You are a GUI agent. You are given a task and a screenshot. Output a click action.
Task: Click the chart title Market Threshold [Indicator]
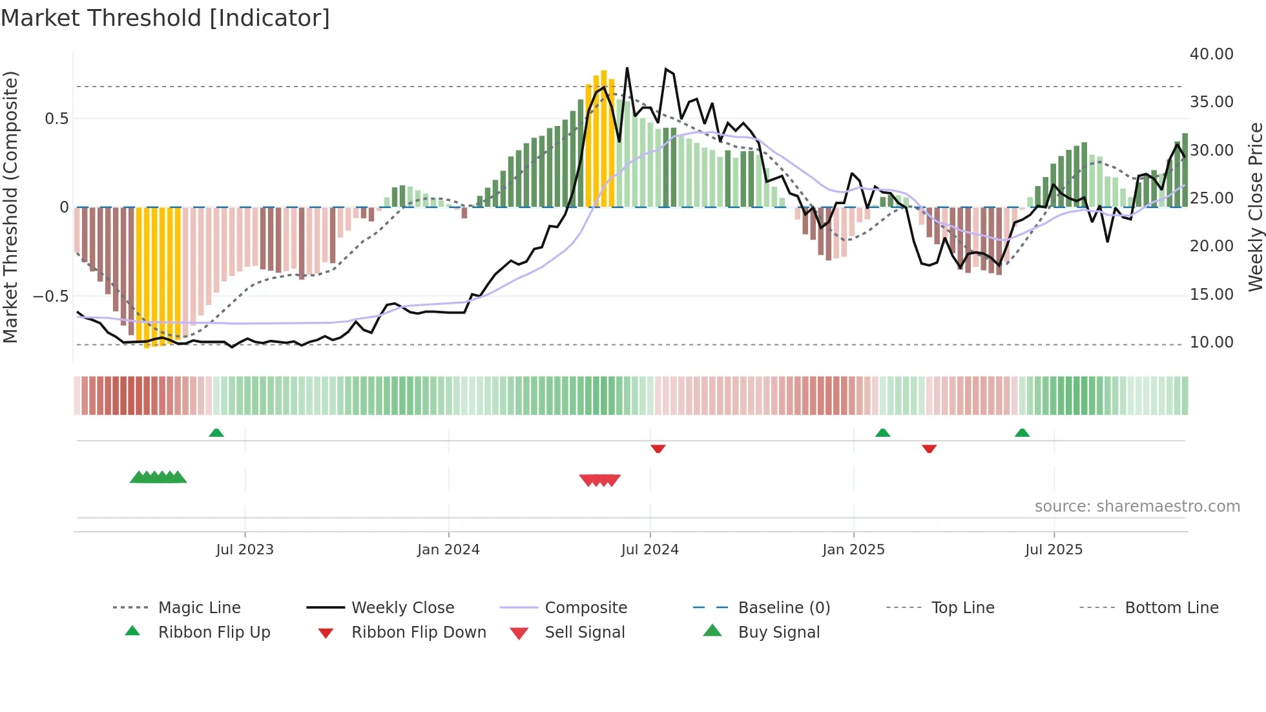tap(165, 18)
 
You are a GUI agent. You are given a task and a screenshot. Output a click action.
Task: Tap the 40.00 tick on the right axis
tap(1211, 54)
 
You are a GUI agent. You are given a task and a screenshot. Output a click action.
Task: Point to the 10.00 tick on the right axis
tap(1211, 342)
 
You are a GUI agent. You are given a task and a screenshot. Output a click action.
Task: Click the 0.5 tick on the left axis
tap(56, 119)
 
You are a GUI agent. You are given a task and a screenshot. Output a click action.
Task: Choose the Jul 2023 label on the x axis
tap(245, 550)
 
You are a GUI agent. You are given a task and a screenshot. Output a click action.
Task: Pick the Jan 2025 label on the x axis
tap(853, 550)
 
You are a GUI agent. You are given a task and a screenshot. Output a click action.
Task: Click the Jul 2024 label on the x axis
tap(650, 550)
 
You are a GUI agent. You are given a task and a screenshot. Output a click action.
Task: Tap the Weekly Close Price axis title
tap(1254, 207)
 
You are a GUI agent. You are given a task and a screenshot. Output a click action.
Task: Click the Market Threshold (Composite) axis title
tap(10, 207)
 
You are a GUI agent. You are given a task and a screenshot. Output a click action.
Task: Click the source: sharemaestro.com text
tap(1137, 507)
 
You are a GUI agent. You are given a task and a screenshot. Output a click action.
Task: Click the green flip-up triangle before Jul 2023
tap(216, 433)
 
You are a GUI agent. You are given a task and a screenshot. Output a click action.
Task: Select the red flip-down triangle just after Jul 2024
tap(658, 448)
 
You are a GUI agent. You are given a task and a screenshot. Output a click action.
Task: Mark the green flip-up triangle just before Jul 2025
tap(1022, 433)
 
